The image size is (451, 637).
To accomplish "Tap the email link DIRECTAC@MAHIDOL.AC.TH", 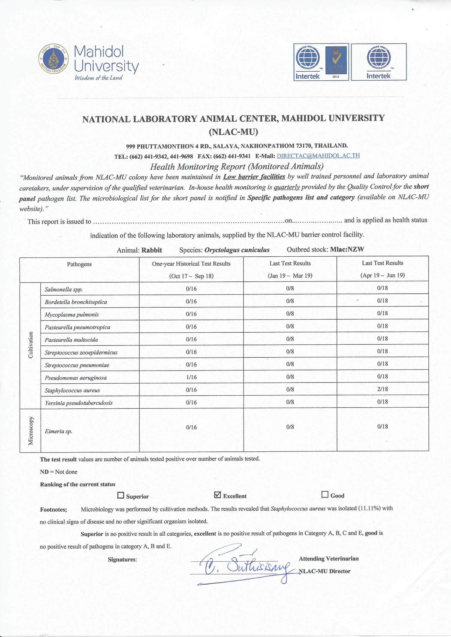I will [318, 156].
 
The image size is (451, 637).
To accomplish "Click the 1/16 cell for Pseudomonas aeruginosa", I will [191, 377].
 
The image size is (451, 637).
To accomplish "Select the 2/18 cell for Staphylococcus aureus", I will [382, 389].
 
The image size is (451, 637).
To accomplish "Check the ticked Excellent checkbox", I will [218, 495].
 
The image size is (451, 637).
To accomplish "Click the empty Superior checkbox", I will [121, 495].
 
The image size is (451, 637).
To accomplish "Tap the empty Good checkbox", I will [324, 495].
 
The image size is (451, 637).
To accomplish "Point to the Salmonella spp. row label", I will [64, 290].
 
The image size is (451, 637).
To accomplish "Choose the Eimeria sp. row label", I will [58, 431].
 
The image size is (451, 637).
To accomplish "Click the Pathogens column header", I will [79, 264].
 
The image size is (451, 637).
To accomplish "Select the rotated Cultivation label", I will [31, 345].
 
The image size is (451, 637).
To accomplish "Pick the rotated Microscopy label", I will [31, 430].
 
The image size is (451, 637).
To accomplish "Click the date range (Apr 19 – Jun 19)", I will [382, 275].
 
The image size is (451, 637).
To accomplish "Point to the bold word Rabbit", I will [152, 250].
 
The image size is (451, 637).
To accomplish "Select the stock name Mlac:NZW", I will [347, 249].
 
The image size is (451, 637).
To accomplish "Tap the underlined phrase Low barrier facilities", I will [254, 177].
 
